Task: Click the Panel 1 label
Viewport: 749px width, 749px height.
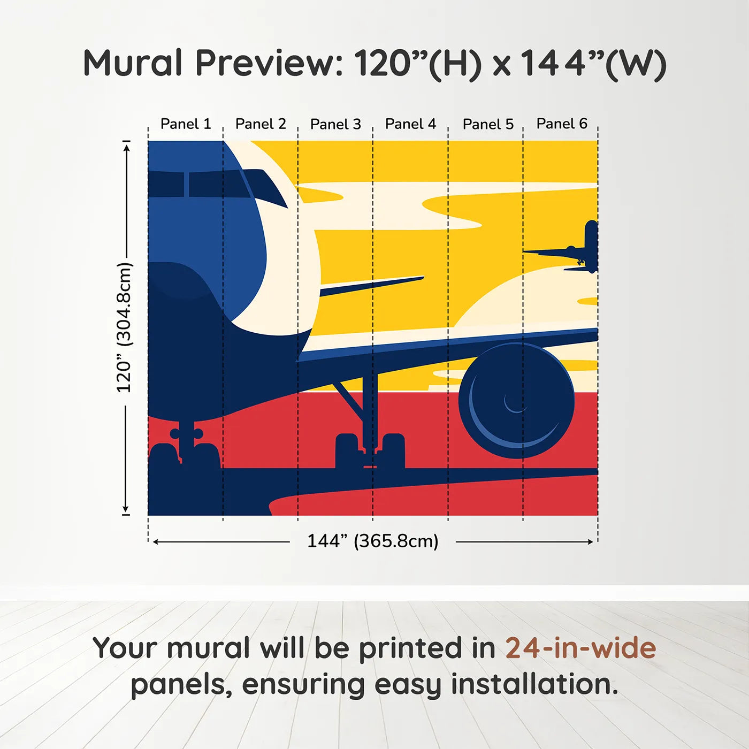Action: coord(186,124)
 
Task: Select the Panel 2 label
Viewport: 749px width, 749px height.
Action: coord(261,124)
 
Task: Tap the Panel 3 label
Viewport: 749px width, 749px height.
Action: coord(335,124)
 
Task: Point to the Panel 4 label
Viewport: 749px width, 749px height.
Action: coord(410,124)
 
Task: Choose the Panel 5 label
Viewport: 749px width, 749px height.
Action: coord(488,124)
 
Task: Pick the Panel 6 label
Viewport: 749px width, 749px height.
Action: coord(562,124)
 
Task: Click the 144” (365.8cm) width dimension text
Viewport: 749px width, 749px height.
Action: coord(372,541)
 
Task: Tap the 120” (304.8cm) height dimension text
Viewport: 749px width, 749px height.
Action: coord(124,327)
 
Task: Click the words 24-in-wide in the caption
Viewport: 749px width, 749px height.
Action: coord(580,648)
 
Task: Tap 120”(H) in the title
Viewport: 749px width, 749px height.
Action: coord(417,63)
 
